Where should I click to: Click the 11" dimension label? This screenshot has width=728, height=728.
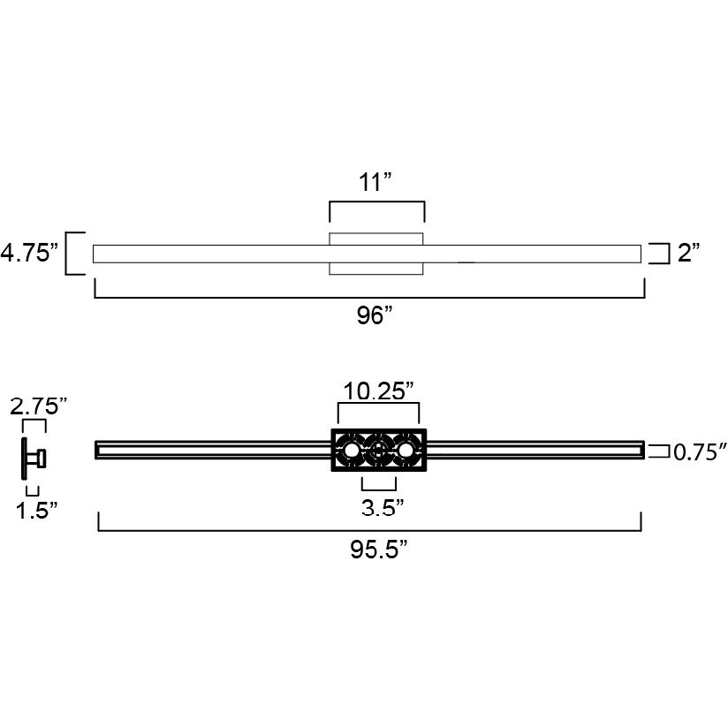coord(375,183)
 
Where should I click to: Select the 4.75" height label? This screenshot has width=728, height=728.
coord(29,254)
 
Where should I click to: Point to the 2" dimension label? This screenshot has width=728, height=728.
coord(688,254)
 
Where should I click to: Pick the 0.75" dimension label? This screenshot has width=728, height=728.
coord(700,452)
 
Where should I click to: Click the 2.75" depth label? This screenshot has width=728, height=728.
coord(38,406)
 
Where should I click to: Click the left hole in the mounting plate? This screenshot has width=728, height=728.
coord(352,451)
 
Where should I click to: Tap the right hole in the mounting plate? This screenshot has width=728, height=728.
coord(406,451)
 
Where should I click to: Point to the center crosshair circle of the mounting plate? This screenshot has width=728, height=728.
coord(378,451)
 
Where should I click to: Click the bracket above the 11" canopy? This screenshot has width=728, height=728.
coord(377,210)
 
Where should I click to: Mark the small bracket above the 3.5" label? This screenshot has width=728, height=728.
coord(379,484)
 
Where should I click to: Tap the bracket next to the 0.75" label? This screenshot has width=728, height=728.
coord(658,451)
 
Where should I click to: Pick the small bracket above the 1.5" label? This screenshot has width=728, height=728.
coord(33,490)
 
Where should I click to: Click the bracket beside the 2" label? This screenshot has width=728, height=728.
coord(658,254)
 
